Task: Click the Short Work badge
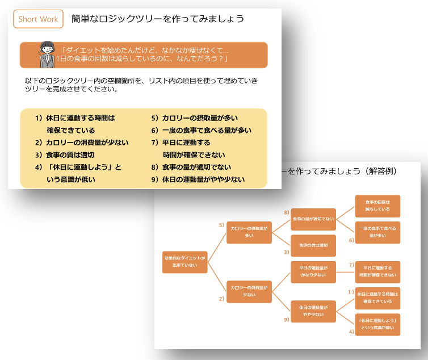(x=38, y=19)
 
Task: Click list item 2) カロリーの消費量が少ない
(x=82, y=143)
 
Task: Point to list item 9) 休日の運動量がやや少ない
(x=198, y=179)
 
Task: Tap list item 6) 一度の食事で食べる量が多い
(x=201, y=130)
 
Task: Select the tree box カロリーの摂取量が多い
(x=249, y=232)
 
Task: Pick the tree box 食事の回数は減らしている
(x=377, y=206)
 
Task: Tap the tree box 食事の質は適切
(x=313, y=245)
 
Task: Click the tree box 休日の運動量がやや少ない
(x=313, y=311)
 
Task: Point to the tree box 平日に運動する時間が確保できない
(x=377, y=271)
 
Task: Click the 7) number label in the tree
(x=351, y=265)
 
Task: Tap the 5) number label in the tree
(x=221, y=225)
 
